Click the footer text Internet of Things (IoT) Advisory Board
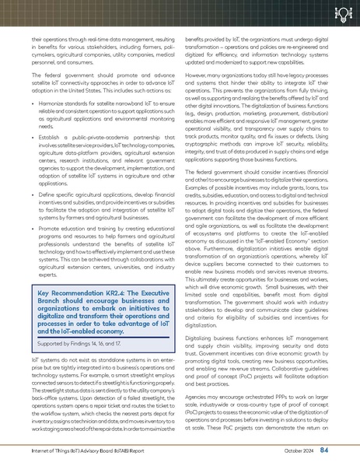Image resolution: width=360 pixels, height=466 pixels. point(79,451)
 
